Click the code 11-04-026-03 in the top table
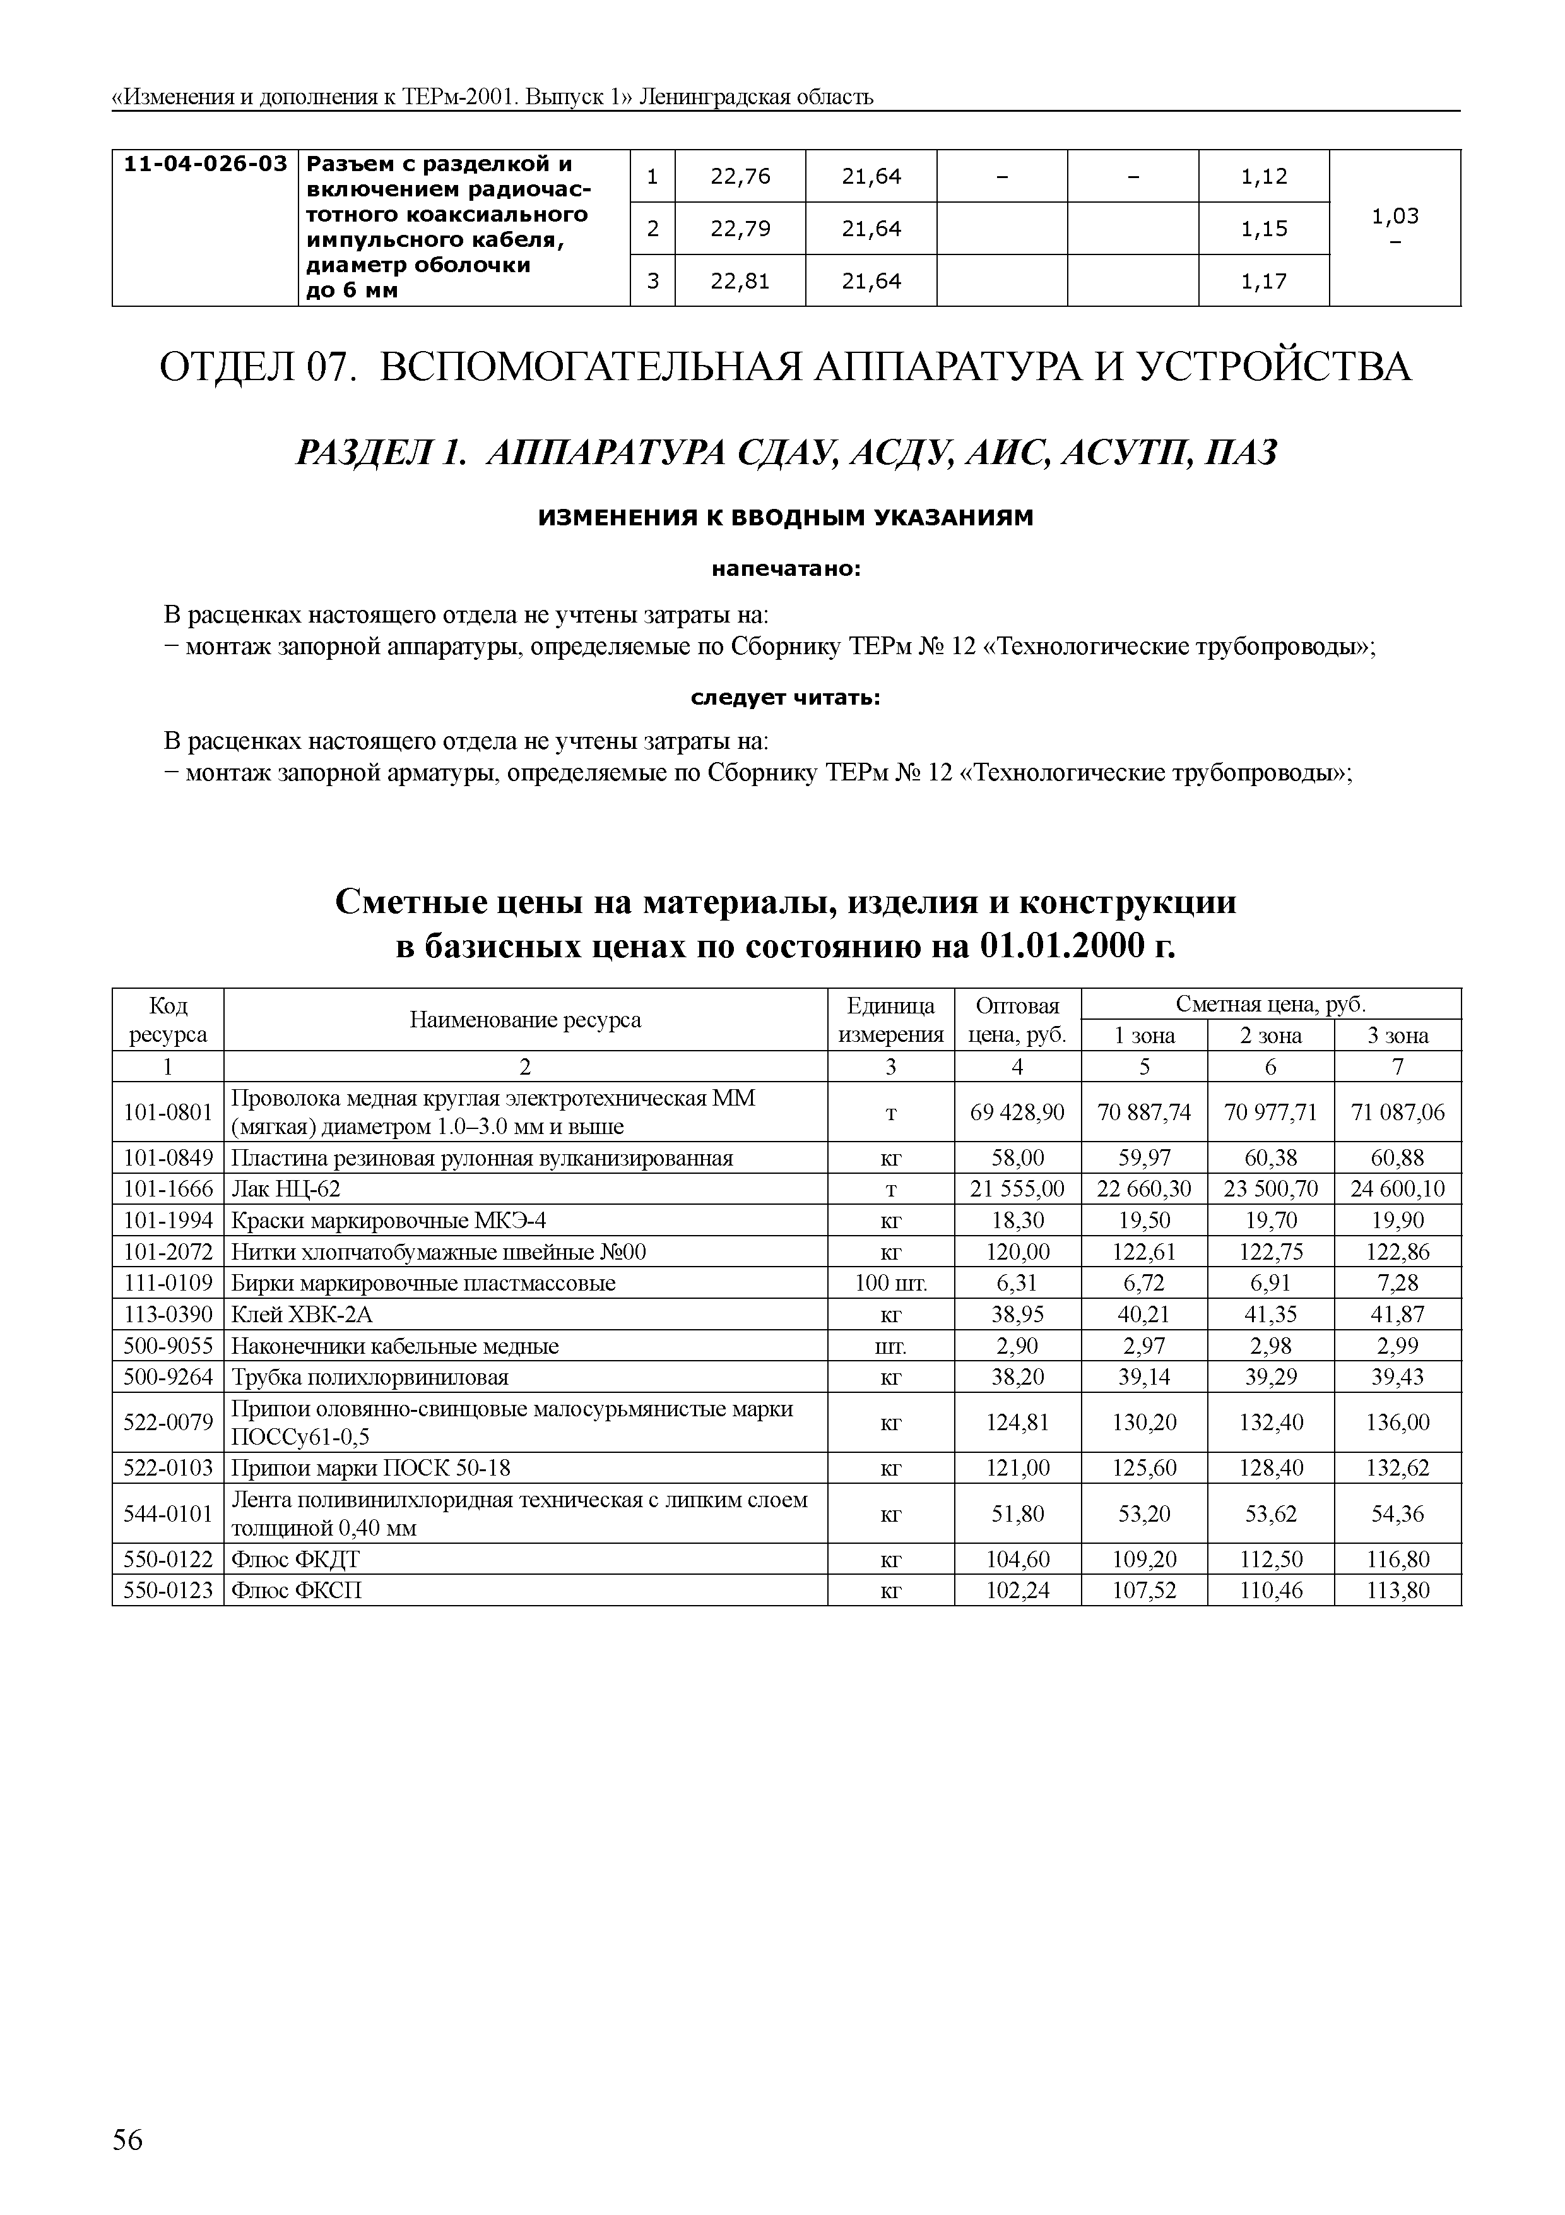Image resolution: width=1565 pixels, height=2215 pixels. click(205, 164)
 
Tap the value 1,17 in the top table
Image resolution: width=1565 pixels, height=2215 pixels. click(1263, 282)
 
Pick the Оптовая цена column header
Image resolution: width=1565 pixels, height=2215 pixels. click(1017, 1020)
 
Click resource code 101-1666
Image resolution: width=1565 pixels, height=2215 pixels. click(168, 1188)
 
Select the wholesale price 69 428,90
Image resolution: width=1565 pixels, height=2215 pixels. click(1017, 1113)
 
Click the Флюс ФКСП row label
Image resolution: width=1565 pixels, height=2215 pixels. click(296, 1590)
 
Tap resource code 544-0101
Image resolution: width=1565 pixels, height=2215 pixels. click(168, 1513)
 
